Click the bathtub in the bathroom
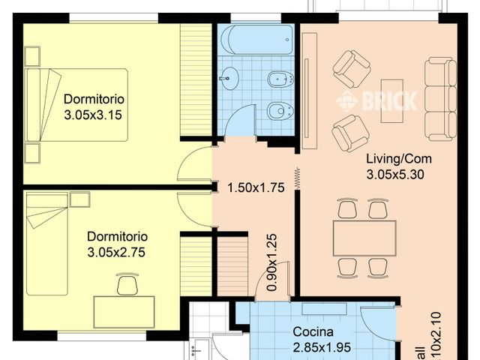point(254,39)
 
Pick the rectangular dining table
point(364,238)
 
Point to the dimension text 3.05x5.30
point(397,175)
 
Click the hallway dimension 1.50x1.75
point(255,188)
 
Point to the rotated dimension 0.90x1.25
point(273,262)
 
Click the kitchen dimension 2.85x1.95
point(321,348)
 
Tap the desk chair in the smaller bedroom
point(127,285)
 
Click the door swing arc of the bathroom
point(240,118)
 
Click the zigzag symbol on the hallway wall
point(298,178)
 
